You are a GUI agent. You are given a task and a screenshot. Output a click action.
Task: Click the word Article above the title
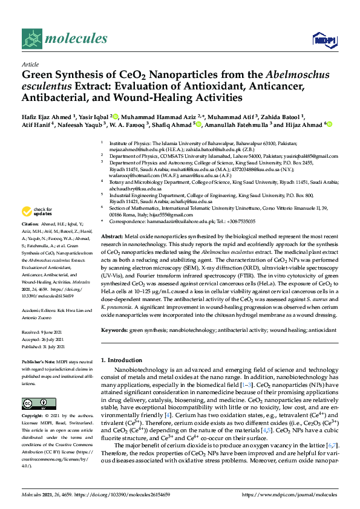point(30,64)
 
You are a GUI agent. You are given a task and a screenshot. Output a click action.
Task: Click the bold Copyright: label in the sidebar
point(34,416)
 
